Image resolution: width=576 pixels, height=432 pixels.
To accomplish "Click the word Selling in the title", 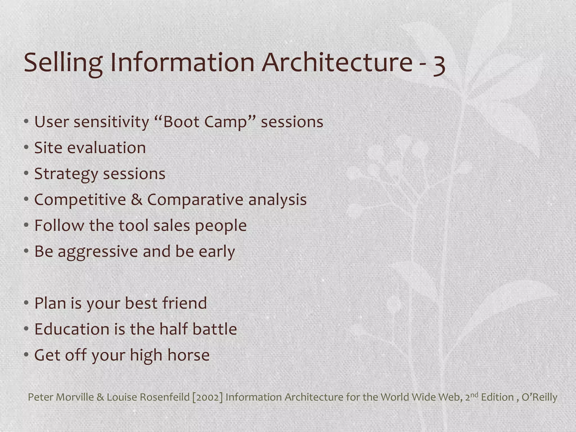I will pos(63,62).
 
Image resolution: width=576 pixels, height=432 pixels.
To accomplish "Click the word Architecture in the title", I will pos(337,62).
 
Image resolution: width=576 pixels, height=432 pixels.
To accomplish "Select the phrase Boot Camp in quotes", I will pos(206,122).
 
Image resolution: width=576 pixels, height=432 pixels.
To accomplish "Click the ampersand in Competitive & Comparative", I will pos(136,200).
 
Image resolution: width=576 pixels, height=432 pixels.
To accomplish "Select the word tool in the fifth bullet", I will pos(133,226).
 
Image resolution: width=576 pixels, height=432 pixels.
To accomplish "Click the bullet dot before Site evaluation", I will pos(26,148).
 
